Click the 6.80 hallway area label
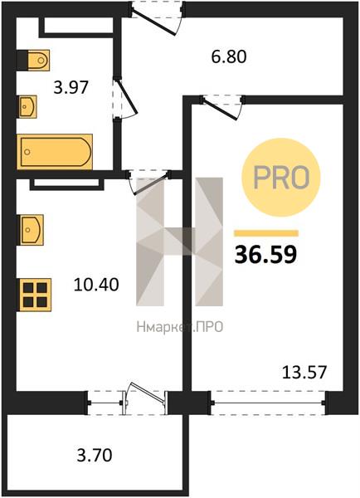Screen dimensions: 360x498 [229, 56]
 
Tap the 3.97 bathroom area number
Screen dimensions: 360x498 [71, 87]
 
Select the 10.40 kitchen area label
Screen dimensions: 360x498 [96, 285]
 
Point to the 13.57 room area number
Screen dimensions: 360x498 [304, 372]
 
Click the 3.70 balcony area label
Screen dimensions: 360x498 [95, 455]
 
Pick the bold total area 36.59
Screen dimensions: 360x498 [265, 255]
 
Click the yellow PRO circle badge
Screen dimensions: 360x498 [281, 178]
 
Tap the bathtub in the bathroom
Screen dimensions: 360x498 [55, 152]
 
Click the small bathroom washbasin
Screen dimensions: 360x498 [27, 106]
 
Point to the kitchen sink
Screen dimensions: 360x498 [32, 230]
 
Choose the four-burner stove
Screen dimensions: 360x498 [35, 295]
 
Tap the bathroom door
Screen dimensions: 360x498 [124, 98]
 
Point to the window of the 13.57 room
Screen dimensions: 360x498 [268, 403]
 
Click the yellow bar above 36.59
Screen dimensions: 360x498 [266, 233]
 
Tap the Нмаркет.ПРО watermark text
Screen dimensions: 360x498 [180, 327]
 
